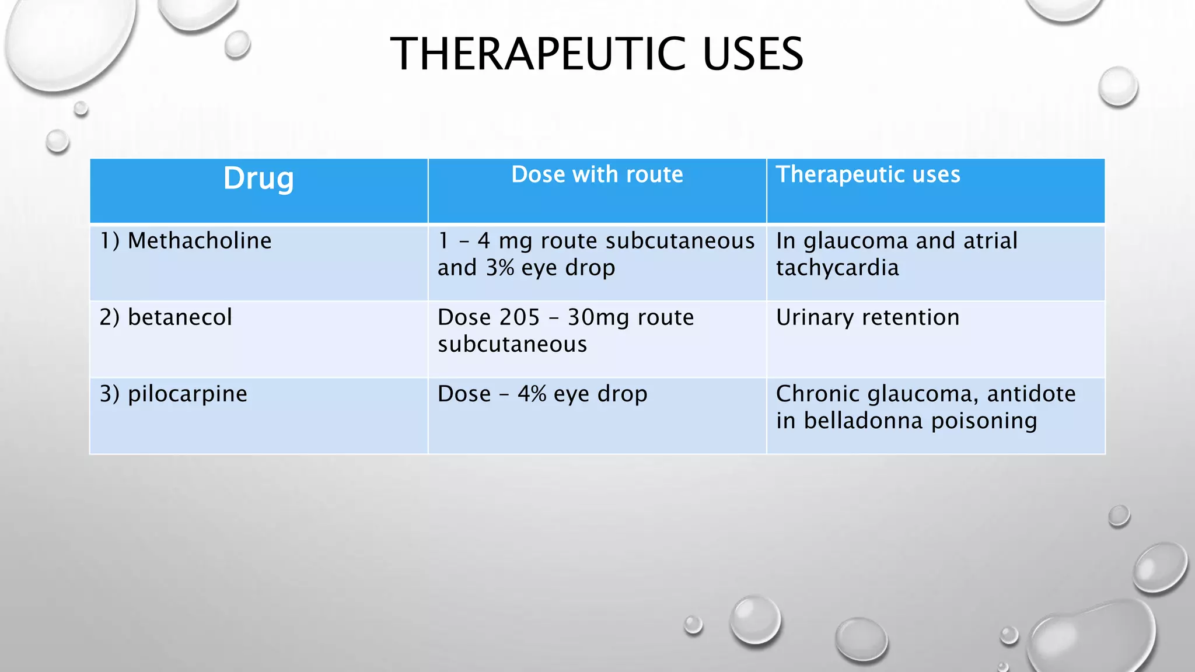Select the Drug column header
point(258,178)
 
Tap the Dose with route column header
point(597,174)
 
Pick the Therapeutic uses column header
point(868,174)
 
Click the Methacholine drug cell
point(200,241)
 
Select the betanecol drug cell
point(180,317)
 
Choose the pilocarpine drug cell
point(187,394)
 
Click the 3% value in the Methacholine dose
point(500,268)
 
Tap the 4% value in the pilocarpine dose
point(532,394)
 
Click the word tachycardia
point(837,268)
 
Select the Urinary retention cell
point(868,317)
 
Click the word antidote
point(1031,394)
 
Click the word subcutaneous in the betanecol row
point(512,344)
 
